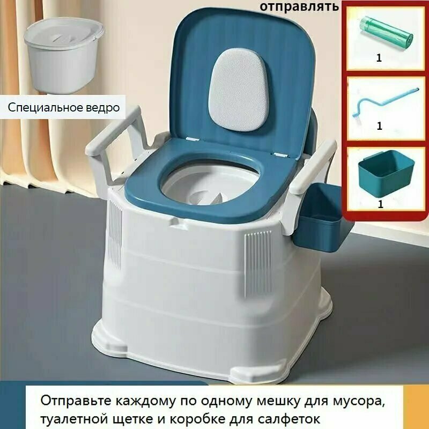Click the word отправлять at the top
click(x=300, y=6)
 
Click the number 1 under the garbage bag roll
click(x=379, y=58)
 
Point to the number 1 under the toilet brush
click(x=379, y=127)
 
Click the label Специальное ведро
click(x=63, y=107)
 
